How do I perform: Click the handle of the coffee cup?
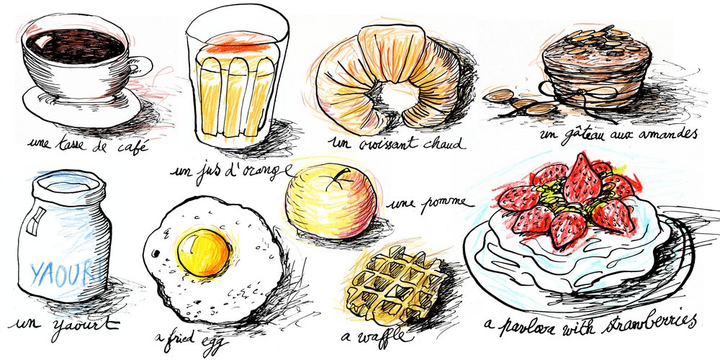142,66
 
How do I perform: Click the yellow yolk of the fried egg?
204,252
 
